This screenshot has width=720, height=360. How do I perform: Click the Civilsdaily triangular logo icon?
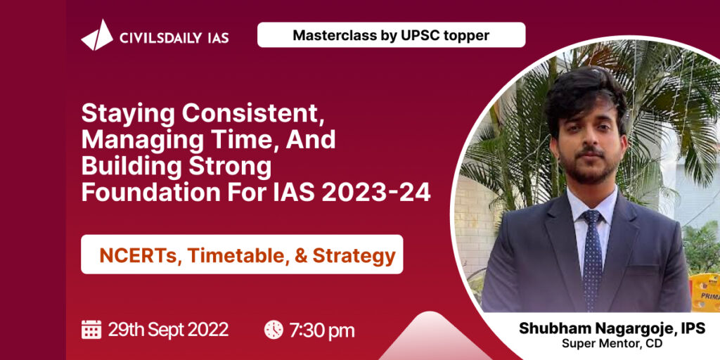[x=97, y=35]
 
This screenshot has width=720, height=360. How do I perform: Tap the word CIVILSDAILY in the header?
[x=160, y=38]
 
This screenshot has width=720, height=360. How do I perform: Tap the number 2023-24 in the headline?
[x=376, y=193]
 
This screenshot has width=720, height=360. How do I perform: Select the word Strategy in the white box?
[x=354, y=256]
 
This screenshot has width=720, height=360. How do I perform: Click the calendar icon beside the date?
[x=91, y=329]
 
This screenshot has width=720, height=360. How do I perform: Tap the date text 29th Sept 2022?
[x=168, y=330]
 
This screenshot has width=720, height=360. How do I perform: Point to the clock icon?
[x=274, y=330]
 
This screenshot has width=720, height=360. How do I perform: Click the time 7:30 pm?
[x=322, y=330]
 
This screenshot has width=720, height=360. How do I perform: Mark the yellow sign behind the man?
[x=705, y=292]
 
